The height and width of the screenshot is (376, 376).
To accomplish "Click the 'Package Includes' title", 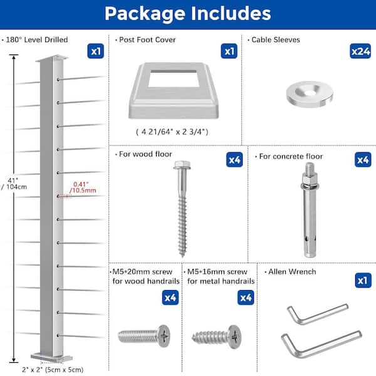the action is click(x=188, y=13).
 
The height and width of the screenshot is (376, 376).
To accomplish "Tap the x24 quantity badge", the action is click(x=360, y=51).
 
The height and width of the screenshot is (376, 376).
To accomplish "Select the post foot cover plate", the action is click(x=174, y=91).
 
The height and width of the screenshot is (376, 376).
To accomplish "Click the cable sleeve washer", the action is click(x=310, y=93).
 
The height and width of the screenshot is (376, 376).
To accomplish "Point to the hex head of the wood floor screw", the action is click(x=182, y=165).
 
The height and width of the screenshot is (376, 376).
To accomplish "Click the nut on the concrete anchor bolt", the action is click(x=310, y=179).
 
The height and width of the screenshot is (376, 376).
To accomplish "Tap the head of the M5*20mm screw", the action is click(x=164, y=336).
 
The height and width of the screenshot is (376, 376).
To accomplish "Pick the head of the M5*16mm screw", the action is click(x=234, y=337).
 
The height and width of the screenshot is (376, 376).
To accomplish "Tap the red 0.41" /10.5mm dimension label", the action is click(x=83, y=187).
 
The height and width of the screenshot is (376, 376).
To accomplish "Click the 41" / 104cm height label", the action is click(x=14, y=184).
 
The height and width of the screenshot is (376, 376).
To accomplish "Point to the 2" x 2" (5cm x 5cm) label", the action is click(x=53, y=370).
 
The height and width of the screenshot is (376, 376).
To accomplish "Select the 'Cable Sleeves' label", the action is click(x=276, y=40).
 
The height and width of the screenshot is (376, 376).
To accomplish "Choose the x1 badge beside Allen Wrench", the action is click(x=363, y=280).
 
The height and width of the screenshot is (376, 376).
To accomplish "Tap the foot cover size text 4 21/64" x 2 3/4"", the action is click(x=172, y=132).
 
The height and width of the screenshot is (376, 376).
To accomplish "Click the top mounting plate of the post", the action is click(x=52, y=58).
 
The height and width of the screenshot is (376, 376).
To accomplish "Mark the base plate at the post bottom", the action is click(x=51, y=357).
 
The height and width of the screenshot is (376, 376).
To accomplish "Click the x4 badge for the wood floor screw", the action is click(x=234, y=160).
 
